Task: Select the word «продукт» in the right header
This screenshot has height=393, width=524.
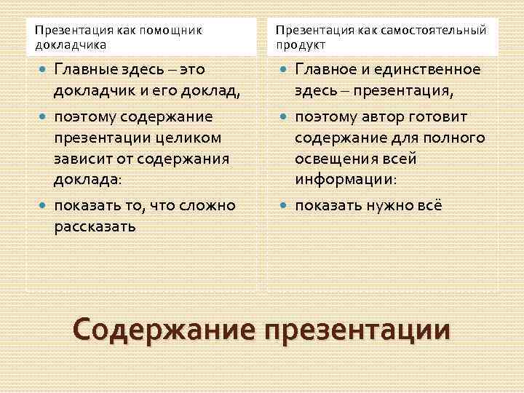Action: tap(301, 45)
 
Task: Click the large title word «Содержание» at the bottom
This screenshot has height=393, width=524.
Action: tap(164, 330)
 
